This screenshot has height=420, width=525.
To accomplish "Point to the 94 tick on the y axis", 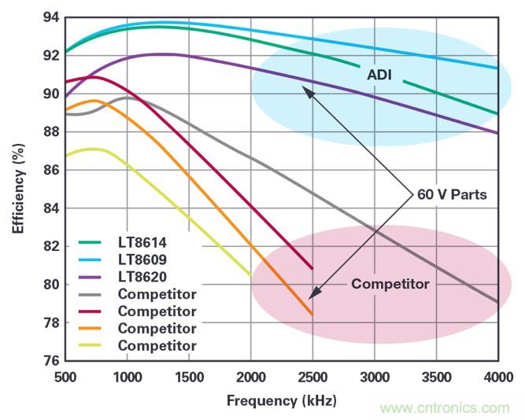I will [50, 17].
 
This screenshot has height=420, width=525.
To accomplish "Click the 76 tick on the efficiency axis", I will [50, 360].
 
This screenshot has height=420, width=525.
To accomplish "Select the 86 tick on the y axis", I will [50, 170].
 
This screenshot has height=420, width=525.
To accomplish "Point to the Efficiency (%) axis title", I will [17, 190].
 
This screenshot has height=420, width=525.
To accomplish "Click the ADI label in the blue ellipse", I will [379, 76].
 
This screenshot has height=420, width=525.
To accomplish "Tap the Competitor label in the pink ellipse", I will [390, 284].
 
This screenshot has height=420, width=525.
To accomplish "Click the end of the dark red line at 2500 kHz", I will [312, 268].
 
